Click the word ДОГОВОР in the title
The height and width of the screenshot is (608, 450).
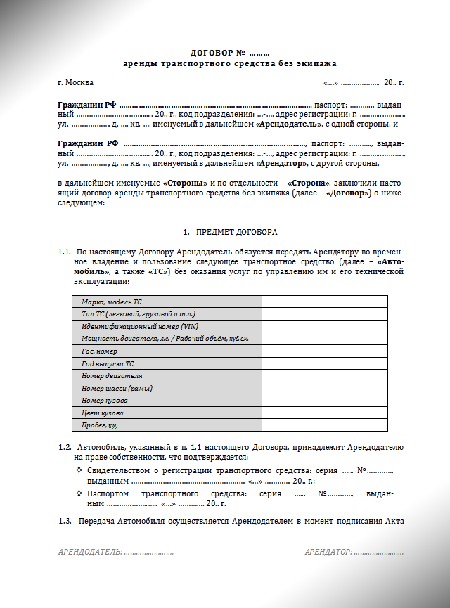pyautogui.click(x=207, y=53)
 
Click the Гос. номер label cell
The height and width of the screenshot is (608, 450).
pyautogui.click(x=99, y=351)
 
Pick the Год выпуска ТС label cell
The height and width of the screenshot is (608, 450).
pyautogui.click(x=108, y=363)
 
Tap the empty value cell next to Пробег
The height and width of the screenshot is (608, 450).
pyautogui.click(x=324, y=425)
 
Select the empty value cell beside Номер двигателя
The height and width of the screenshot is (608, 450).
pyautogui.click(x=324, y=375)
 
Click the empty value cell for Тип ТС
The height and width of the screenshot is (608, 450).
pyautogui.click(x=324, y=313)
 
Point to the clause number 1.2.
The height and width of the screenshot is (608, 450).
pyautogui.click(x=65, y=447)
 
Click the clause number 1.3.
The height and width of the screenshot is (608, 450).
pyautogui.click(x=65, y=521)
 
